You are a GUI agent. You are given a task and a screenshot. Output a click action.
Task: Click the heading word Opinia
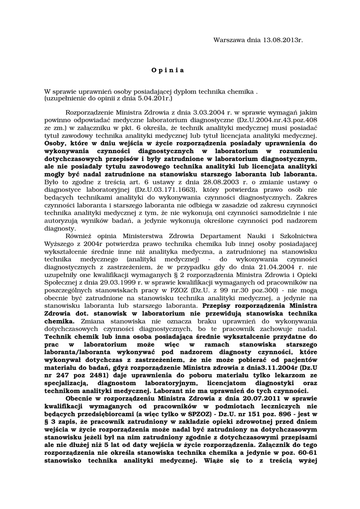pos(168,70)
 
